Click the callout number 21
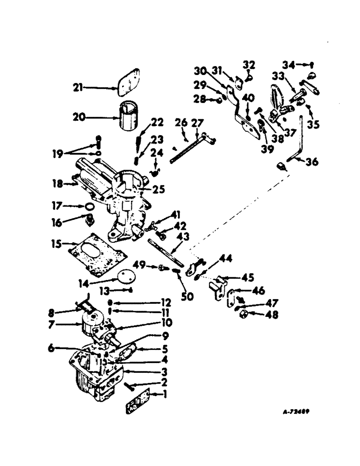click(x=78, y=86)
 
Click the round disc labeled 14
click(x=122, y=275)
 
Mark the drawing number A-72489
click(x=297, y=412)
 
